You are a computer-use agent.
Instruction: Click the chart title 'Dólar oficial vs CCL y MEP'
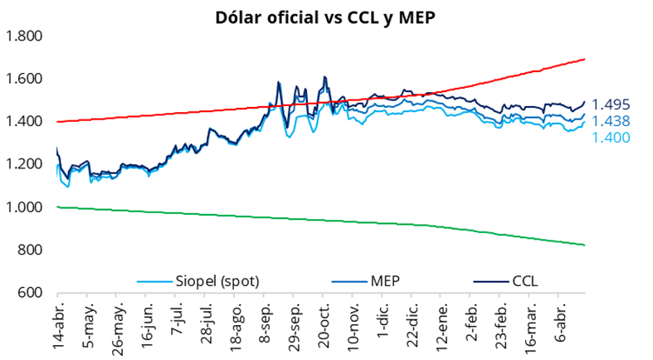(326, 15)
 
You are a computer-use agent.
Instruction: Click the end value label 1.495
(611, 105)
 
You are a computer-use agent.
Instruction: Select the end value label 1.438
(611, 121)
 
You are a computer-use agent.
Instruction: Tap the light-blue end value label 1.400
(611, 137)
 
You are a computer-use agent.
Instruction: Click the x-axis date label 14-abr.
(58, 325)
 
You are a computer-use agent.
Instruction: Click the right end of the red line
(585, 59)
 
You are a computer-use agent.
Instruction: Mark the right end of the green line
(585, 245)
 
